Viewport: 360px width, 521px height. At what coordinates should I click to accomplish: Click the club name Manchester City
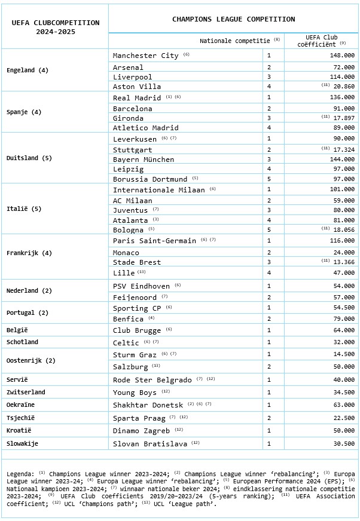point(145,56)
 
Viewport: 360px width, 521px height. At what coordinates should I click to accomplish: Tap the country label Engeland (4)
point(28,70)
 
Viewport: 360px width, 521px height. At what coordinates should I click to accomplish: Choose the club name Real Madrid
point(137,97)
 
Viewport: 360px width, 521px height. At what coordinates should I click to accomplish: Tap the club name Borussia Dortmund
point(150,179)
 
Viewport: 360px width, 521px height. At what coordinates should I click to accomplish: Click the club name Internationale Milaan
point(158,189)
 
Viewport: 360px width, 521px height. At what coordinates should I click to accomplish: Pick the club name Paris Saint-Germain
point(154,240)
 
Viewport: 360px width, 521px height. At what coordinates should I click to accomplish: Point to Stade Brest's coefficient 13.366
point(342,262)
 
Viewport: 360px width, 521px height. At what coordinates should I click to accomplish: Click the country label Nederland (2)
point(29,290)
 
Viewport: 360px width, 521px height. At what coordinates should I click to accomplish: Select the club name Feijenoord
point(135,297)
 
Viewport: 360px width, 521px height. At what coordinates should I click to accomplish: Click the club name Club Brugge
point(137,330)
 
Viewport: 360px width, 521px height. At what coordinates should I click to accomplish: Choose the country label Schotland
point(22,342)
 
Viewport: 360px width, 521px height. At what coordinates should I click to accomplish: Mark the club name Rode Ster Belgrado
point(152,380)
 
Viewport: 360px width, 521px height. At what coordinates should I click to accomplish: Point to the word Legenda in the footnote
point(20,474)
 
